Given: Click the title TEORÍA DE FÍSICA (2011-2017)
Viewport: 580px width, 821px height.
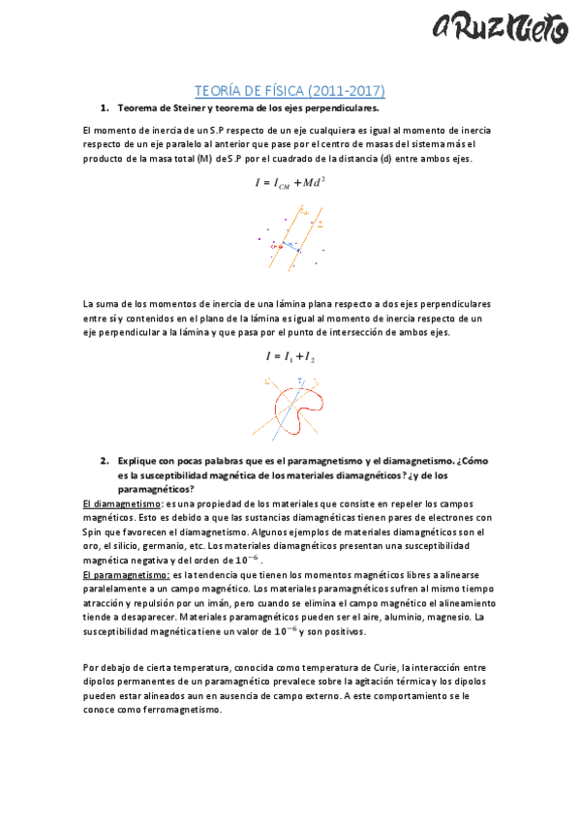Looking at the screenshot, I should click(290, 91).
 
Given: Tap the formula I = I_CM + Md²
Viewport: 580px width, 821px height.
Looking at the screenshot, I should click(290, 182).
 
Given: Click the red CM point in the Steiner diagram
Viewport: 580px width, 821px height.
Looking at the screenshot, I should click(281, 246).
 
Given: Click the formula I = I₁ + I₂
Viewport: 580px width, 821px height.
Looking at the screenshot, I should click(290, 356).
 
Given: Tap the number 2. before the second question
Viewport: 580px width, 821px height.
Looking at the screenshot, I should click(104, 462).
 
